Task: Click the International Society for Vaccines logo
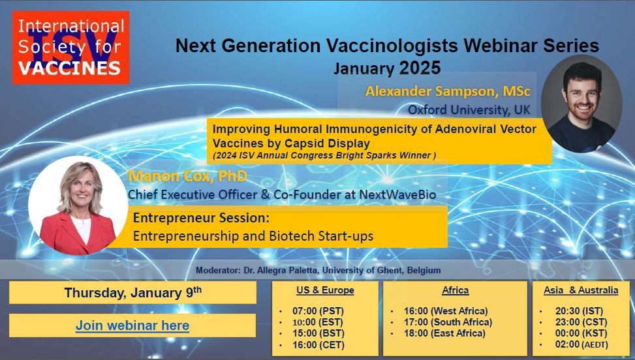(71, 48)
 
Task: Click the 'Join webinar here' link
(132, 325)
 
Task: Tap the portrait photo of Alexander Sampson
(581, 104)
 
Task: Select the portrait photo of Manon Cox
(78, 205)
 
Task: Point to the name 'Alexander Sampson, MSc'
(448, 91)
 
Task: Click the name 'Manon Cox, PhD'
(187, 176)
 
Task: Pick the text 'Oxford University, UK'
(469, 110)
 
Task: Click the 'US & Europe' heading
(325, 290)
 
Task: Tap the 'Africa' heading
(455, 290)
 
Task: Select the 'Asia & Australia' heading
(581, 290)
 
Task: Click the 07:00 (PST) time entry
(318, 311)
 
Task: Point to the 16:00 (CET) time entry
(318, 345)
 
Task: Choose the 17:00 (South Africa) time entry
(448, 322)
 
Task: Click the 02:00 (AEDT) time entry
(581, 344)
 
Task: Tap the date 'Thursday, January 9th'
(133, 292)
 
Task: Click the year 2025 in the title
(420, 68)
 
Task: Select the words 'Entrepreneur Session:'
(201, 218)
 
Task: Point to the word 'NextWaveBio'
(397, 194)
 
